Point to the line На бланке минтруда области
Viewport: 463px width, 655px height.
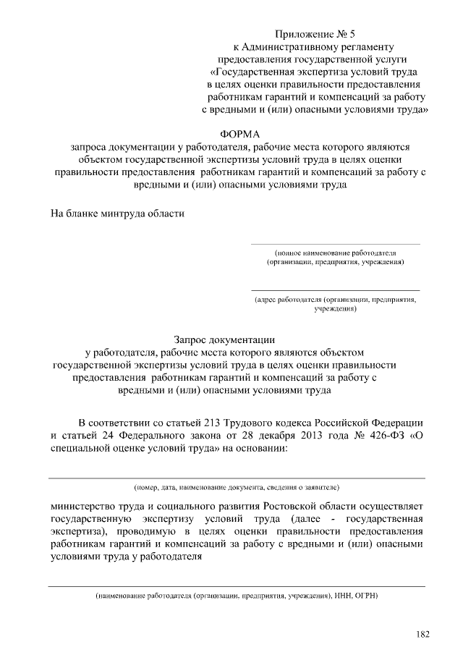point(117,214)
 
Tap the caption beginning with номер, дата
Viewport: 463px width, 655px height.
point(237,488)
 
